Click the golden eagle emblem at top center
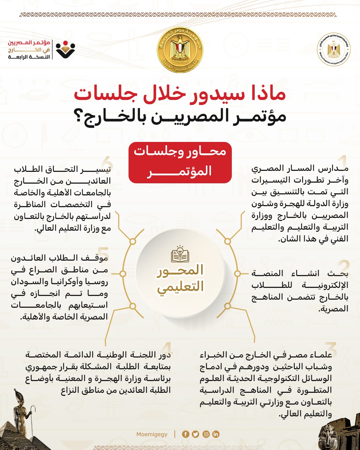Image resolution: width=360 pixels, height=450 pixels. click(x=180, y=50)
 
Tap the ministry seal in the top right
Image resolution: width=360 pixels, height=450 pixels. click(x=334, y=50)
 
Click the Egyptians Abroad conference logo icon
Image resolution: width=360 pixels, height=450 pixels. click(x=65, y=50)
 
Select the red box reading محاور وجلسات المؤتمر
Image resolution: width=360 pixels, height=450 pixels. click(x=180, y=162)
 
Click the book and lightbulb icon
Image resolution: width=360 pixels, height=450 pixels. click(x=180, y=254)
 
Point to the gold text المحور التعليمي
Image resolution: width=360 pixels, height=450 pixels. click(x=180, y=278)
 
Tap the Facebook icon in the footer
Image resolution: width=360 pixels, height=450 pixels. click(x=185, y=434)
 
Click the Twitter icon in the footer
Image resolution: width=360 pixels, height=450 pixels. click(x=195, y=434)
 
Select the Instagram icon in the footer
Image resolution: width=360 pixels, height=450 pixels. click(x=206, y=434)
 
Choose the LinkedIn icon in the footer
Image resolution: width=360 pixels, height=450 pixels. click(x=216, y=434)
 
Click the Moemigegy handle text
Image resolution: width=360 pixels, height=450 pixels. click(x=152, y=434)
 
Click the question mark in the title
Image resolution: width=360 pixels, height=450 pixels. click(x=79, y=117)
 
